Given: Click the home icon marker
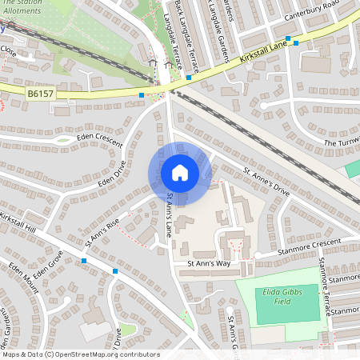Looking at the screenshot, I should [x=180, y=172].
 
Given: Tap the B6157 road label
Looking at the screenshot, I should [x=41, y=94].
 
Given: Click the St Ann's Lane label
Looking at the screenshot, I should [x=169, y=215].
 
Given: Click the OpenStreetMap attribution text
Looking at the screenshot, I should [x=80, y=354].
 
